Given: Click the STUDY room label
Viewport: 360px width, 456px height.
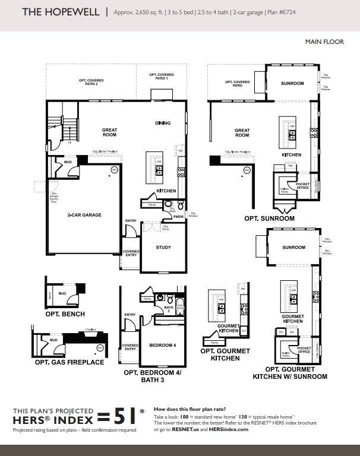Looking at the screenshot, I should click(x=163, y=246).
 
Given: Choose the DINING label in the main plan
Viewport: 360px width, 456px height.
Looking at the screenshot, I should click(x=163, y=123).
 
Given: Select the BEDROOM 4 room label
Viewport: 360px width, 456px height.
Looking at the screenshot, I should click(x=162, y=345).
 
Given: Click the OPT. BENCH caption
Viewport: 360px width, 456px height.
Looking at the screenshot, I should click(x=65, y=313).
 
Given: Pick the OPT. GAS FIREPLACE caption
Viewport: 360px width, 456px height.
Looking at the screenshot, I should click(x=69, y=362).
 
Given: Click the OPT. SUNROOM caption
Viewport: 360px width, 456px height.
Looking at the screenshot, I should click(x=269, y=218).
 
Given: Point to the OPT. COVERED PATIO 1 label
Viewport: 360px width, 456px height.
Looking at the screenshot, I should click(x=162, y=77).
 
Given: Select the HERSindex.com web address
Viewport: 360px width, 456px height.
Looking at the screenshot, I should click(x=229, y=429).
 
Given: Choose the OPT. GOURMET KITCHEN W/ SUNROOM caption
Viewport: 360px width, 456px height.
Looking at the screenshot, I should click(x=290, y=372).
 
